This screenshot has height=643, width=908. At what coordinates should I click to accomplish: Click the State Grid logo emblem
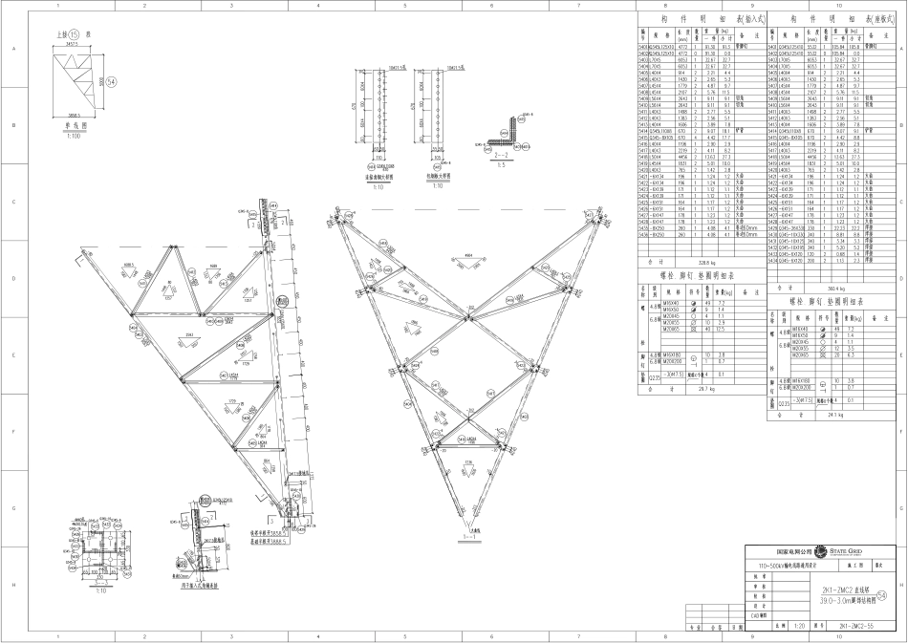[820, 552]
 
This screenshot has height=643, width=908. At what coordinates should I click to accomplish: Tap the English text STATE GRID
[846, 551]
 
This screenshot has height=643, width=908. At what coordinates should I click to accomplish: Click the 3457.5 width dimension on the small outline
[65, 44]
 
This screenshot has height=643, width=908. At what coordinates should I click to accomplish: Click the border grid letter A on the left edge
[12, 52]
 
